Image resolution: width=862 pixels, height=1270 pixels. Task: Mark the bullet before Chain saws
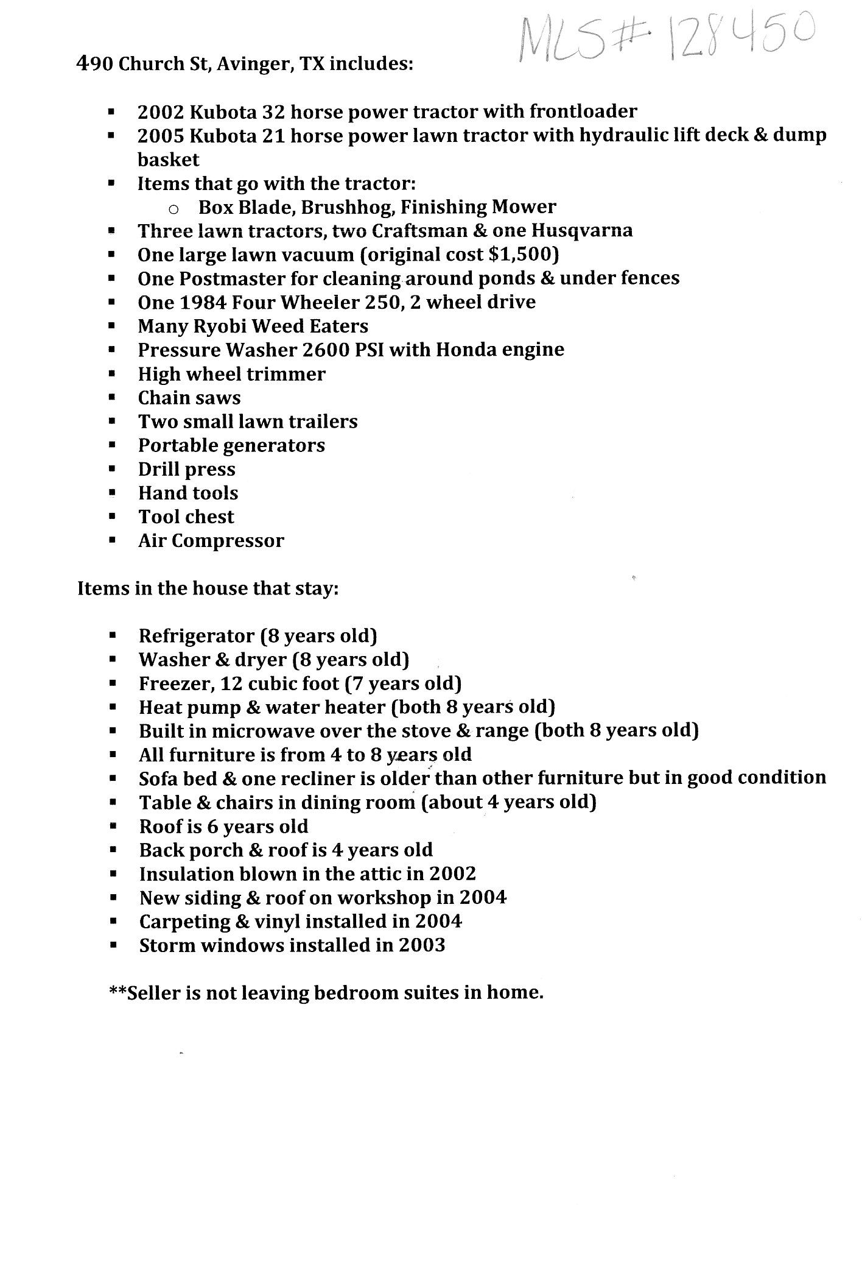point(111,398)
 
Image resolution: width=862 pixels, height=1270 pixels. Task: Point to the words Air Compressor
point(211,541)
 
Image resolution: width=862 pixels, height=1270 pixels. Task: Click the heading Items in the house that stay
point(208,589)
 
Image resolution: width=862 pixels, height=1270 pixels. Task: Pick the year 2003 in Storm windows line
point(421,945)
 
